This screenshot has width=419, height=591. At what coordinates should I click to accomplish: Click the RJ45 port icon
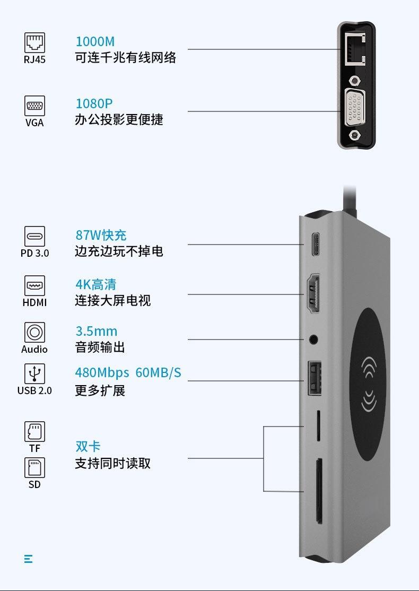click(x=34, y=42)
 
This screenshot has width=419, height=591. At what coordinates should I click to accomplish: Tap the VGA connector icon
click(x=34, y=106)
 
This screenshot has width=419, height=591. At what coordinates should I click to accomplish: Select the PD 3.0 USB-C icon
click(x=34, y=236)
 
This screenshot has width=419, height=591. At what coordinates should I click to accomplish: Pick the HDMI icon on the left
click(x=34, y=286)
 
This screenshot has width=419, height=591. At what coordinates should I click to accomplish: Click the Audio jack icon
click(x=34, y=333)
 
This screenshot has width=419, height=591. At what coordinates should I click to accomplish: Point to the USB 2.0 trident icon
click(x=34, y=374)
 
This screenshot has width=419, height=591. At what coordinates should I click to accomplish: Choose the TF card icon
click(x=34, y=431)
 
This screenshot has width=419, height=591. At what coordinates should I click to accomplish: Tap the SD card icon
click(x=34, y=468)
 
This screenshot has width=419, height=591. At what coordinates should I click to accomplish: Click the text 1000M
click(x=95, y=41)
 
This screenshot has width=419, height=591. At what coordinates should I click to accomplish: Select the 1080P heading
click(x=94, y=103)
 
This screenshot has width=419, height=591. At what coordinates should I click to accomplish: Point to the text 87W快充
click(x=101, y=235)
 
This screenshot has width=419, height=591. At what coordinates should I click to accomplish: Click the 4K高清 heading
click(x=96, y=284)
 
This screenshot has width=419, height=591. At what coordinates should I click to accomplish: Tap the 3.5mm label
click(x=97, y=331)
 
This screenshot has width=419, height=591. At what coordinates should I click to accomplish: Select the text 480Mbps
click(x=102, y=373)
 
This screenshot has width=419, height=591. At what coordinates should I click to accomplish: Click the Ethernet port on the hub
click(x=355, y=49)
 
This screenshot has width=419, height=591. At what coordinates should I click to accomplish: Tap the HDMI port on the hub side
click(x=313, y=294)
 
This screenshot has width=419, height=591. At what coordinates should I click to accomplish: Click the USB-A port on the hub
click(x=315, y=378)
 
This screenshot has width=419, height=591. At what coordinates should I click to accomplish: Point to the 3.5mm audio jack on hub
click(x=313, y=340)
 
